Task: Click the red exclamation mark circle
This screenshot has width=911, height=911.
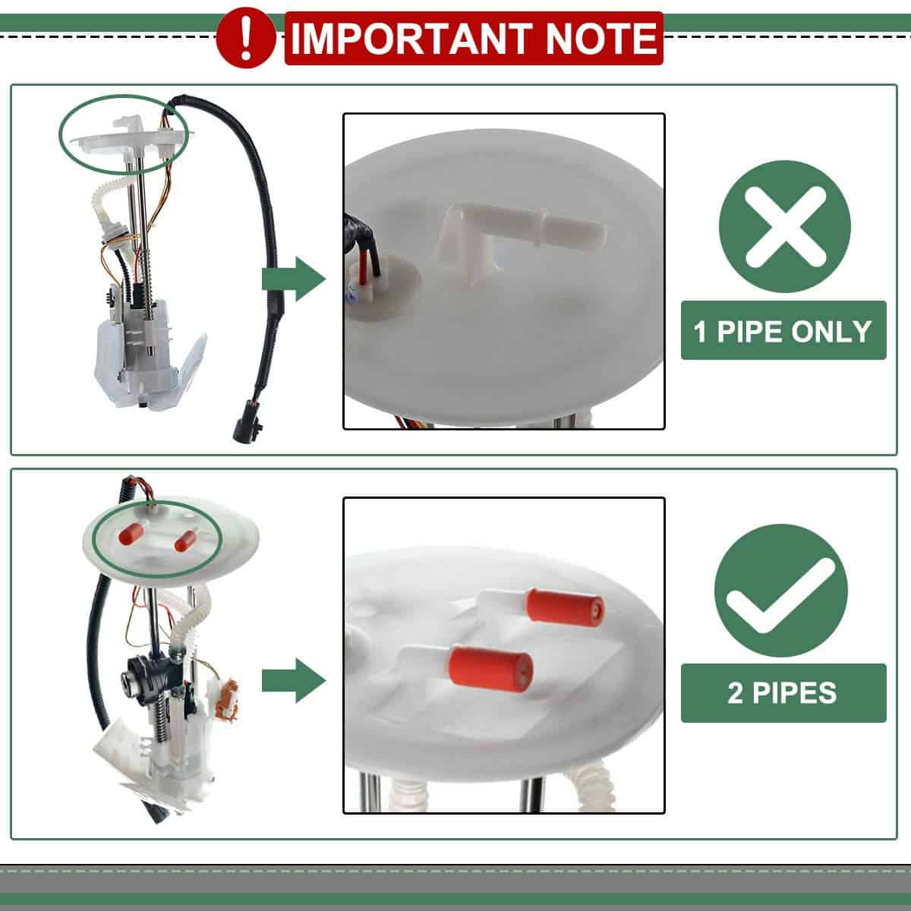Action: (245, 39)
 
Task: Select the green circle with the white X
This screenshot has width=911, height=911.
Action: (784, 226)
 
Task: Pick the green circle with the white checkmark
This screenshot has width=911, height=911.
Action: (781, 590)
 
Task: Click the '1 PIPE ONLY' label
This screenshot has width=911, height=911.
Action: (783, 330)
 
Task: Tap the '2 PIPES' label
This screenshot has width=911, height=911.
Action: (783, 693)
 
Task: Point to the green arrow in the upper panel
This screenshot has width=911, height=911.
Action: (294, 279)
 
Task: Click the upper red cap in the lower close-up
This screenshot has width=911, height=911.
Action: (565, 607)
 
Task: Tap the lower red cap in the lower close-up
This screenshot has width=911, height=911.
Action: (490, 667)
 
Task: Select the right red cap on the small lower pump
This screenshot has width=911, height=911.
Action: (184, 541)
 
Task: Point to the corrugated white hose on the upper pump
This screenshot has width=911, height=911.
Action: (105, 203)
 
